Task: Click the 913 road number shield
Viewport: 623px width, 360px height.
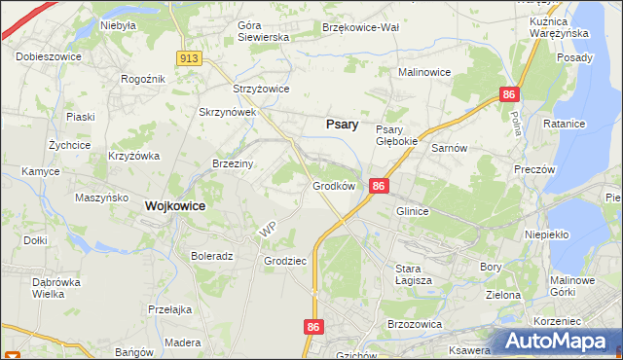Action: click(189, 59)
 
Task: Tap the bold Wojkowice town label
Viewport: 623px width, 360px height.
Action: click(179, 206)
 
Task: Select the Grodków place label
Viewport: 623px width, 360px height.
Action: click(333, 185)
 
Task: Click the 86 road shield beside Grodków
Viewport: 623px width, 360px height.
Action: click(380, 186)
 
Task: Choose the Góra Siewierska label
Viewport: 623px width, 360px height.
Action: click(264, 31)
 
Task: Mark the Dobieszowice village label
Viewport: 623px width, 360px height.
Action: click(48, 56)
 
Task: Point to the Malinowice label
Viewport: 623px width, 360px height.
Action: click(426, 72)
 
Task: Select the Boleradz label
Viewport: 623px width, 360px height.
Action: click(212, 257)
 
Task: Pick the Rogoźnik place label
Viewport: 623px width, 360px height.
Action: click(140, 79)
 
